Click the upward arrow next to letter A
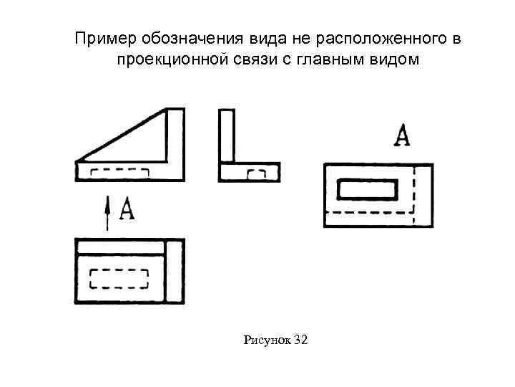coord(107,214)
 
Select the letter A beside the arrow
coord(126,209)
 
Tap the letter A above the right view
coord(403,135)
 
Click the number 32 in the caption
coord(300,340)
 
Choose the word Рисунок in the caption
coord(267,340)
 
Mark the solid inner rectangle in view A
coord(368,189)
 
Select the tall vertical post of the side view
coord(227,136)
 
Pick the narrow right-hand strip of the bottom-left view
coord(175,271)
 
